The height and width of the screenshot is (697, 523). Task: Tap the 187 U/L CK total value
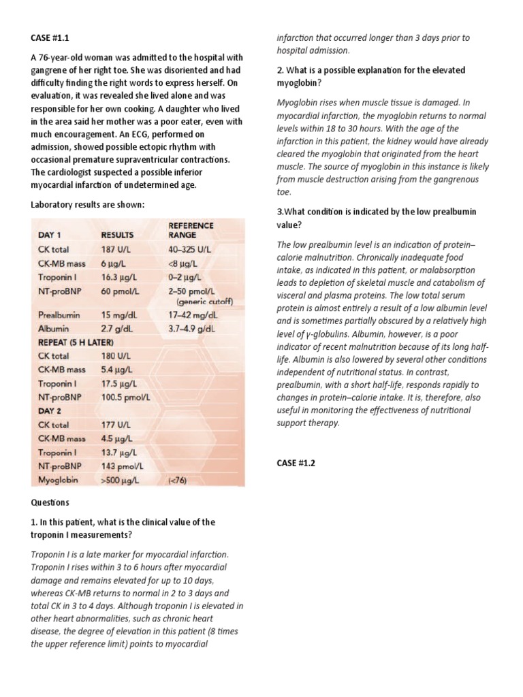point(116,249)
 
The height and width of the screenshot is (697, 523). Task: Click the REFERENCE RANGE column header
point(191,230)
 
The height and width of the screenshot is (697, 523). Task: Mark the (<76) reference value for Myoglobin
point(177,480)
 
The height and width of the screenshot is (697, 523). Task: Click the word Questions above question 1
point(50,502)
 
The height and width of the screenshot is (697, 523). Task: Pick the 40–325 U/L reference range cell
point(193,249)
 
